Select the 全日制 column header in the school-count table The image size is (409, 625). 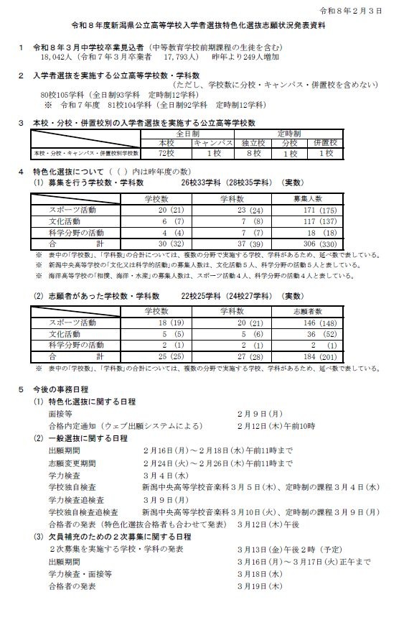coord(189,133)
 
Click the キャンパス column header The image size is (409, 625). coord(214,143)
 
